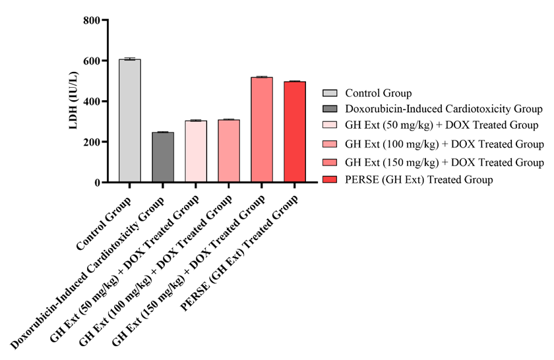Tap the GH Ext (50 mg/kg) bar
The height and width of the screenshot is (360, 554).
coord(196,151)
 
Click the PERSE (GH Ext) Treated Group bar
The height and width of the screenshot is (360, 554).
coord(295,132)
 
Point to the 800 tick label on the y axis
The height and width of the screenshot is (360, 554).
coord(92,20)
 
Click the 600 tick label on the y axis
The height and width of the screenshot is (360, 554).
coord(92,61)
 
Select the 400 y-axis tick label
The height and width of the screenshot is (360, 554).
coord(92,102)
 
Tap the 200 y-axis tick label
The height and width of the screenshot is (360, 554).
coord(92,142)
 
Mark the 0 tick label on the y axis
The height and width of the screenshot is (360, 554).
coord(96,183)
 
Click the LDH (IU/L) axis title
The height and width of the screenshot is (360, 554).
coord(75,101)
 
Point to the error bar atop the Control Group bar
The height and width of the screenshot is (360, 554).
coord(130,59)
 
